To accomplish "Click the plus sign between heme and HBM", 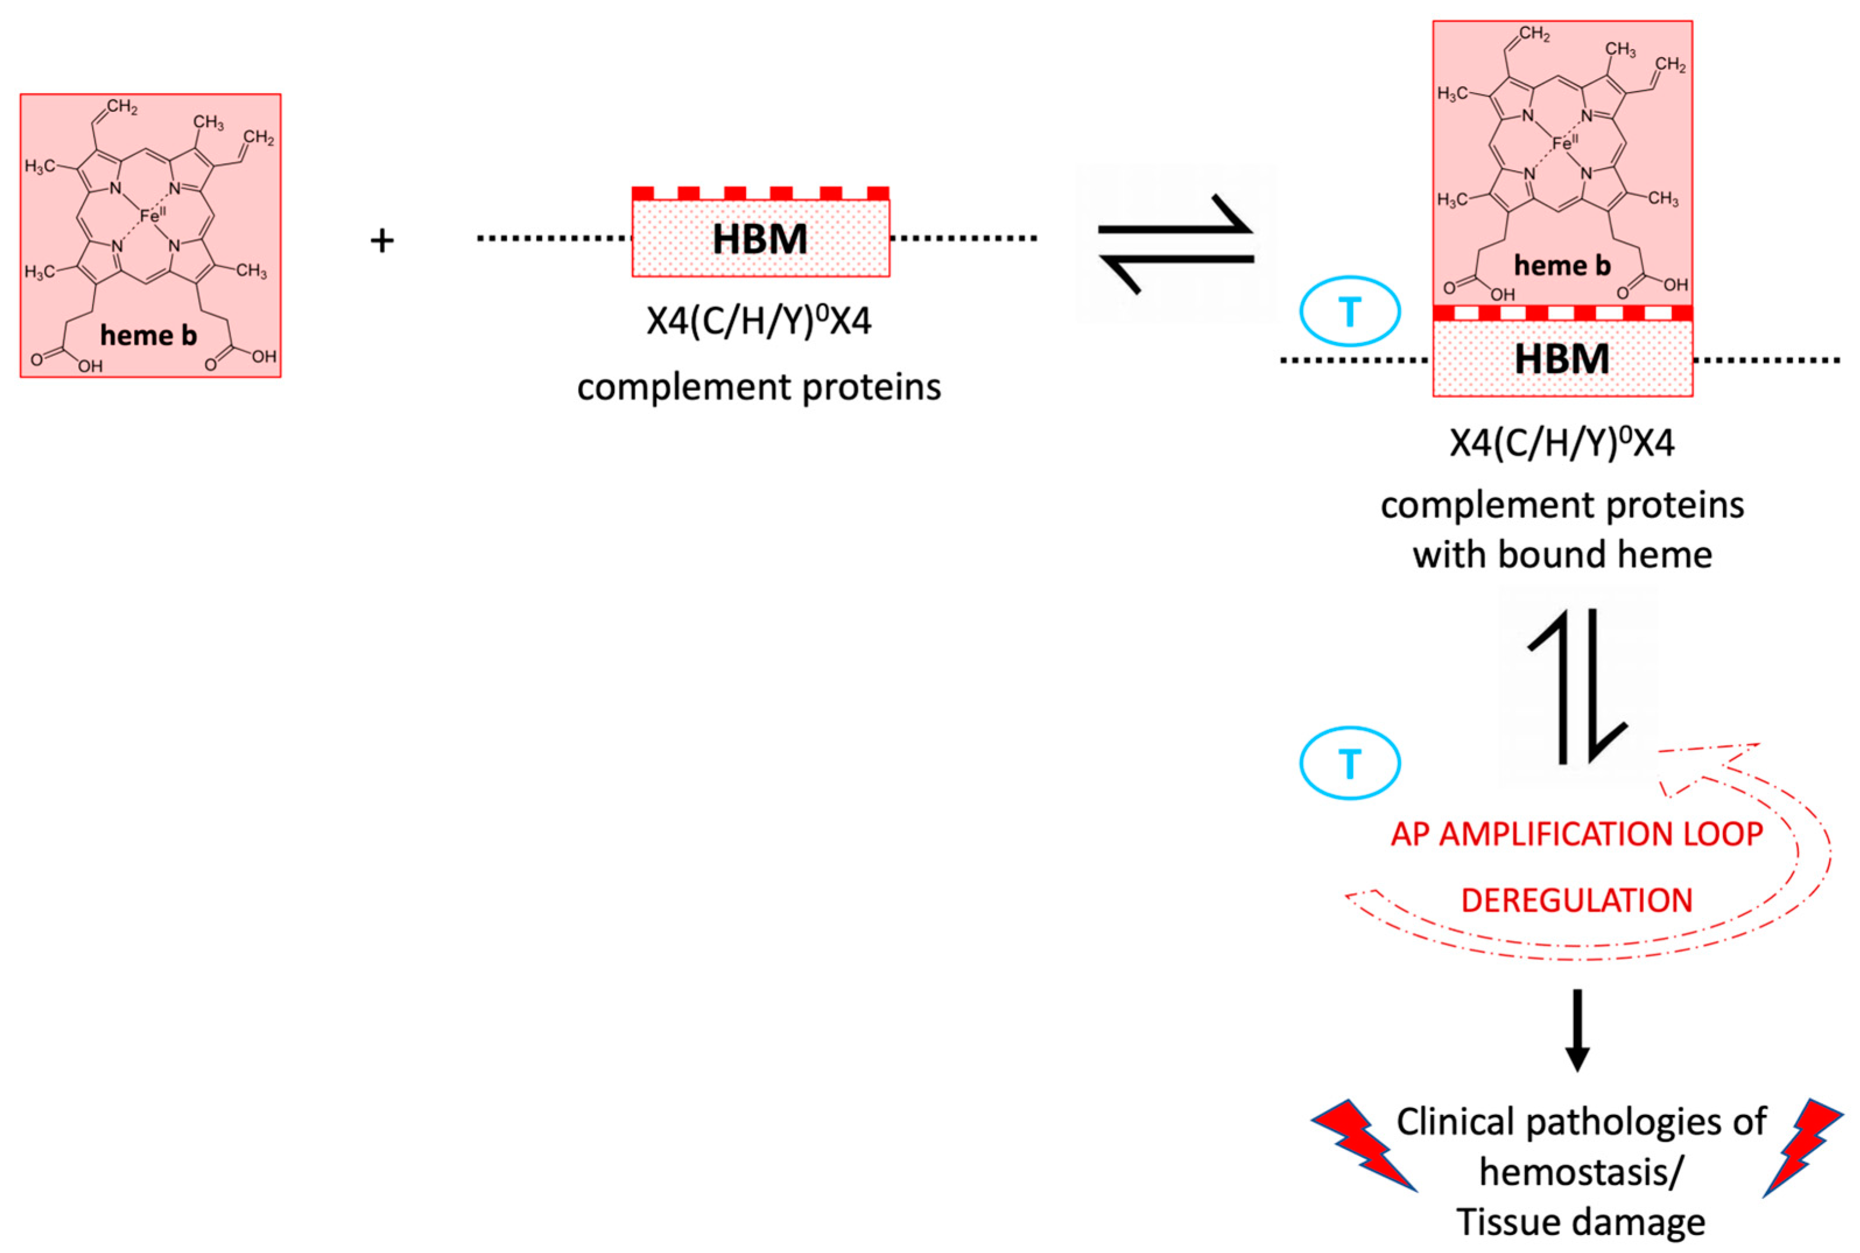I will [382, 241].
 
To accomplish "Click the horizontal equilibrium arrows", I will [1175, 243].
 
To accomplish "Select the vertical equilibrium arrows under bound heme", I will [1577, 686].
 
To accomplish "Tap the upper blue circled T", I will [1349, 312].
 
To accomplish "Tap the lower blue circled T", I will [1349, 763].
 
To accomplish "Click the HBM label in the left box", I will [759, 239].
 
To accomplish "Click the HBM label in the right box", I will [1561, 359].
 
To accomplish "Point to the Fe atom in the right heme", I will [1563, 143].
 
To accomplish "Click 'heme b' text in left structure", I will [149, 336].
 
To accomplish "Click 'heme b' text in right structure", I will [1562, 265].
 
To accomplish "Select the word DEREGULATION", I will [1576, 901].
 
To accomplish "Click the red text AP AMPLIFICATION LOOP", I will [1576, 834].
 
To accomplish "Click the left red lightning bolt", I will [1363, 1144].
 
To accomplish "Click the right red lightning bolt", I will [1802, 1144].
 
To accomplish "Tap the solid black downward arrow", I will [1576, 1031].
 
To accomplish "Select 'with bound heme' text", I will [1562, 555].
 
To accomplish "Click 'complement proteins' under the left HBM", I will [759, 387].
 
